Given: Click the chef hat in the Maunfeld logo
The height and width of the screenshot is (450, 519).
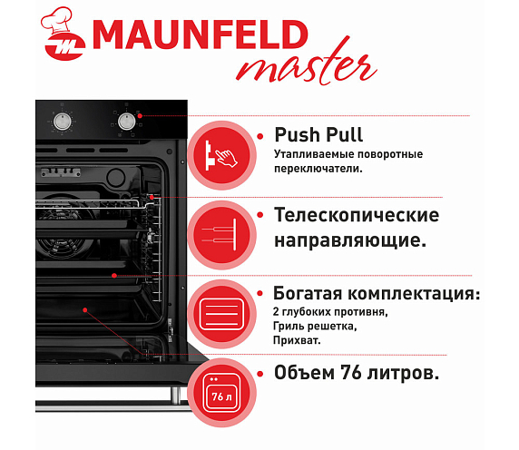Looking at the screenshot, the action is point(56,20).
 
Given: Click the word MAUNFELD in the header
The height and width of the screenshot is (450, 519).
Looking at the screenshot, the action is point(201,34).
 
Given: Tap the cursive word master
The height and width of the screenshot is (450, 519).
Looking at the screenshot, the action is point(306,63).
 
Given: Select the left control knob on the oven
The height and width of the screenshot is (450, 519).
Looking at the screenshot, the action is point(62,121).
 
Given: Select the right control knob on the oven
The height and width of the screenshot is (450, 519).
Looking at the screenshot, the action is point(126,121).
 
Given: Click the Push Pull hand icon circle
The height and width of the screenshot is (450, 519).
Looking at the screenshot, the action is point(221,155).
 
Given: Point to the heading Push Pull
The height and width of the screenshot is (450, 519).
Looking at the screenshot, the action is point(318,134).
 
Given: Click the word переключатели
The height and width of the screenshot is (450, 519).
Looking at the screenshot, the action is point(318,169).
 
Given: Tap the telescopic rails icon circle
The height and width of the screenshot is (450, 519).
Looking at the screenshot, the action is point(221,235).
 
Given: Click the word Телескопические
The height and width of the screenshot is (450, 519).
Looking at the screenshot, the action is point(357,215).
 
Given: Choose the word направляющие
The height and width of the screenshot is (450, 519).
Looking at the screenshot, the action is point(350,240).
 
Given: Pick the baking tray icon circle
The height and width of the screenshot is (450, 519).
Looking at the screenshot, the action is point(221,314).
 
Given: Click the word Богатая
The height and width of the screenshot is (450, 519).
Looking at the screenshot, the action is point(308,293).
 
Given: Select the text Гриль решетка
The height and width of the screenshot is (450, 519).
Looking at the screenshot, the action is point(315,327).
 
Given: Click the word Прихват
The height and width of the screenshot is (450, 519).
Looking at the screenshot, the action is point(297,340).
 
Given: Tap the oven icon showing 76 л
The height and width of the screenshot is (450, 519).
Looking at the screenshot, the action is point(221,393).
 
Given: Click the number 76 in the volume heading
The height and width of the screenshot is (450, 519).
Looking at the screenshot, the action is point(351,373).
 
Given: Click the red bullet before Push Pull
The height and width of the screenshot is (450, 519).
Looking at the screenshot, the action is point(260,136).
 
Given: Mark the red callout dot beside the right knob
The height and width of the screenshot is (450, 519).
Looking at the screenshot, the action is point(140,116).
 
